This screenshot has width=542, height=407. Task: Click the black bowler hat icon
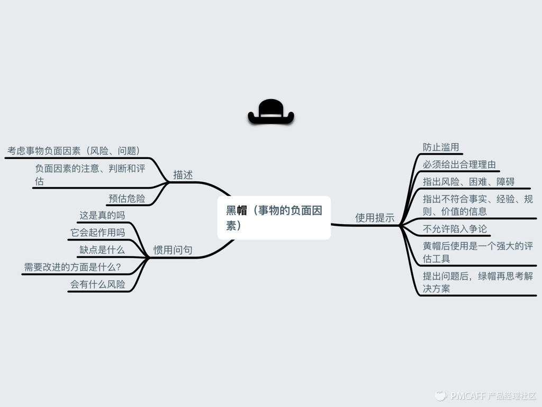pyautogui.click(x=270, y=112)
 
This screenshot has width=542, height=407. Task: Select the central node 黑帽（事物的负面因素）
pyautogui.click(x=274, y=218)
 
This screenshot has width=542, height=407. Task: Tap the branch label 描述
pyautogui.click(x=183, y=175)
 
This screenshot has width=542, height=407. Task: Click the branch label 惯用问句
pyautogui.click(x=173, y=250)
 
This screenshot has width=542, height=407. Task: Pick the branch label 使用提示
pyautogui.click(x=375, y=218)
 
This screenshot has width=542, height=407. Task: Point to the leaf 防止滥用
pyautogui.click(x=441, y=147)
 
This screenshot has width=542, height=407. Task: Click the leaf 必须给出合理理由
pyautogui.click(x=459, y=165)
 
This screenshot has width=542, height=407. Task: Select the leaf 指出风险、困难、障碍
pyautogui.click(x=468, y=182)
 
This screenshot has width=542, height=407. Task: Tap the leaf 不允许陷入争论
pyautogui.click(x=455, y=229)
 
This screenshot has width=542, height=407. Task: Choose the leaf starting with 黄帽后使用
pyautogui.click(x=477, y=252)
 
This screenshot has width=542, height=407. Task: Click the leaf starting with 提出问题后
pyautogui.click(x=477, y=282)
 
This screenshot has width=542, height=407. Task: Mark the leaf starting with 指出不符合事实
pyautogui.click(x=477, y=205)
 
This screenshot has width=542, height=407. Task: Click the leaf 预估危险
pyautogui.click(x=127, y=199)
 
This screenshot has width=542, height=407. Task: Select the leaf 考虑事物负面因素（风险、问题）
pyautogui.click(x=74, y=151)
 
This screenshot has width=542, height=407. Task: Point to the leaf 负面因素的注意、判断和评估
pyautogui.click(x=90, y=175)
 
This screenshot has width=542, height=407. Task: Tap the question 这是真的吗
pyautogui.click(x=102, y=215)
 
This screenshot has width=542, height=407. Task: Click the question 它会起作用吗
pyautogui.click(x=98, y=233)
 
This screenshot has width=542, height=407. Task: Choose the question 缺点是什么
pyautogui.click(x=102, y=250)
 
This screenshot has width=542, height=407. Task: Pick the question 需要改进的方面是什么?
pyautogui.click(x=73, y=267)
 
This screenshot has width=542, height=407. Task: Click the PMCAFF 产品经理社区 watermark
pyautogui.click(x=485, y=395)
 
